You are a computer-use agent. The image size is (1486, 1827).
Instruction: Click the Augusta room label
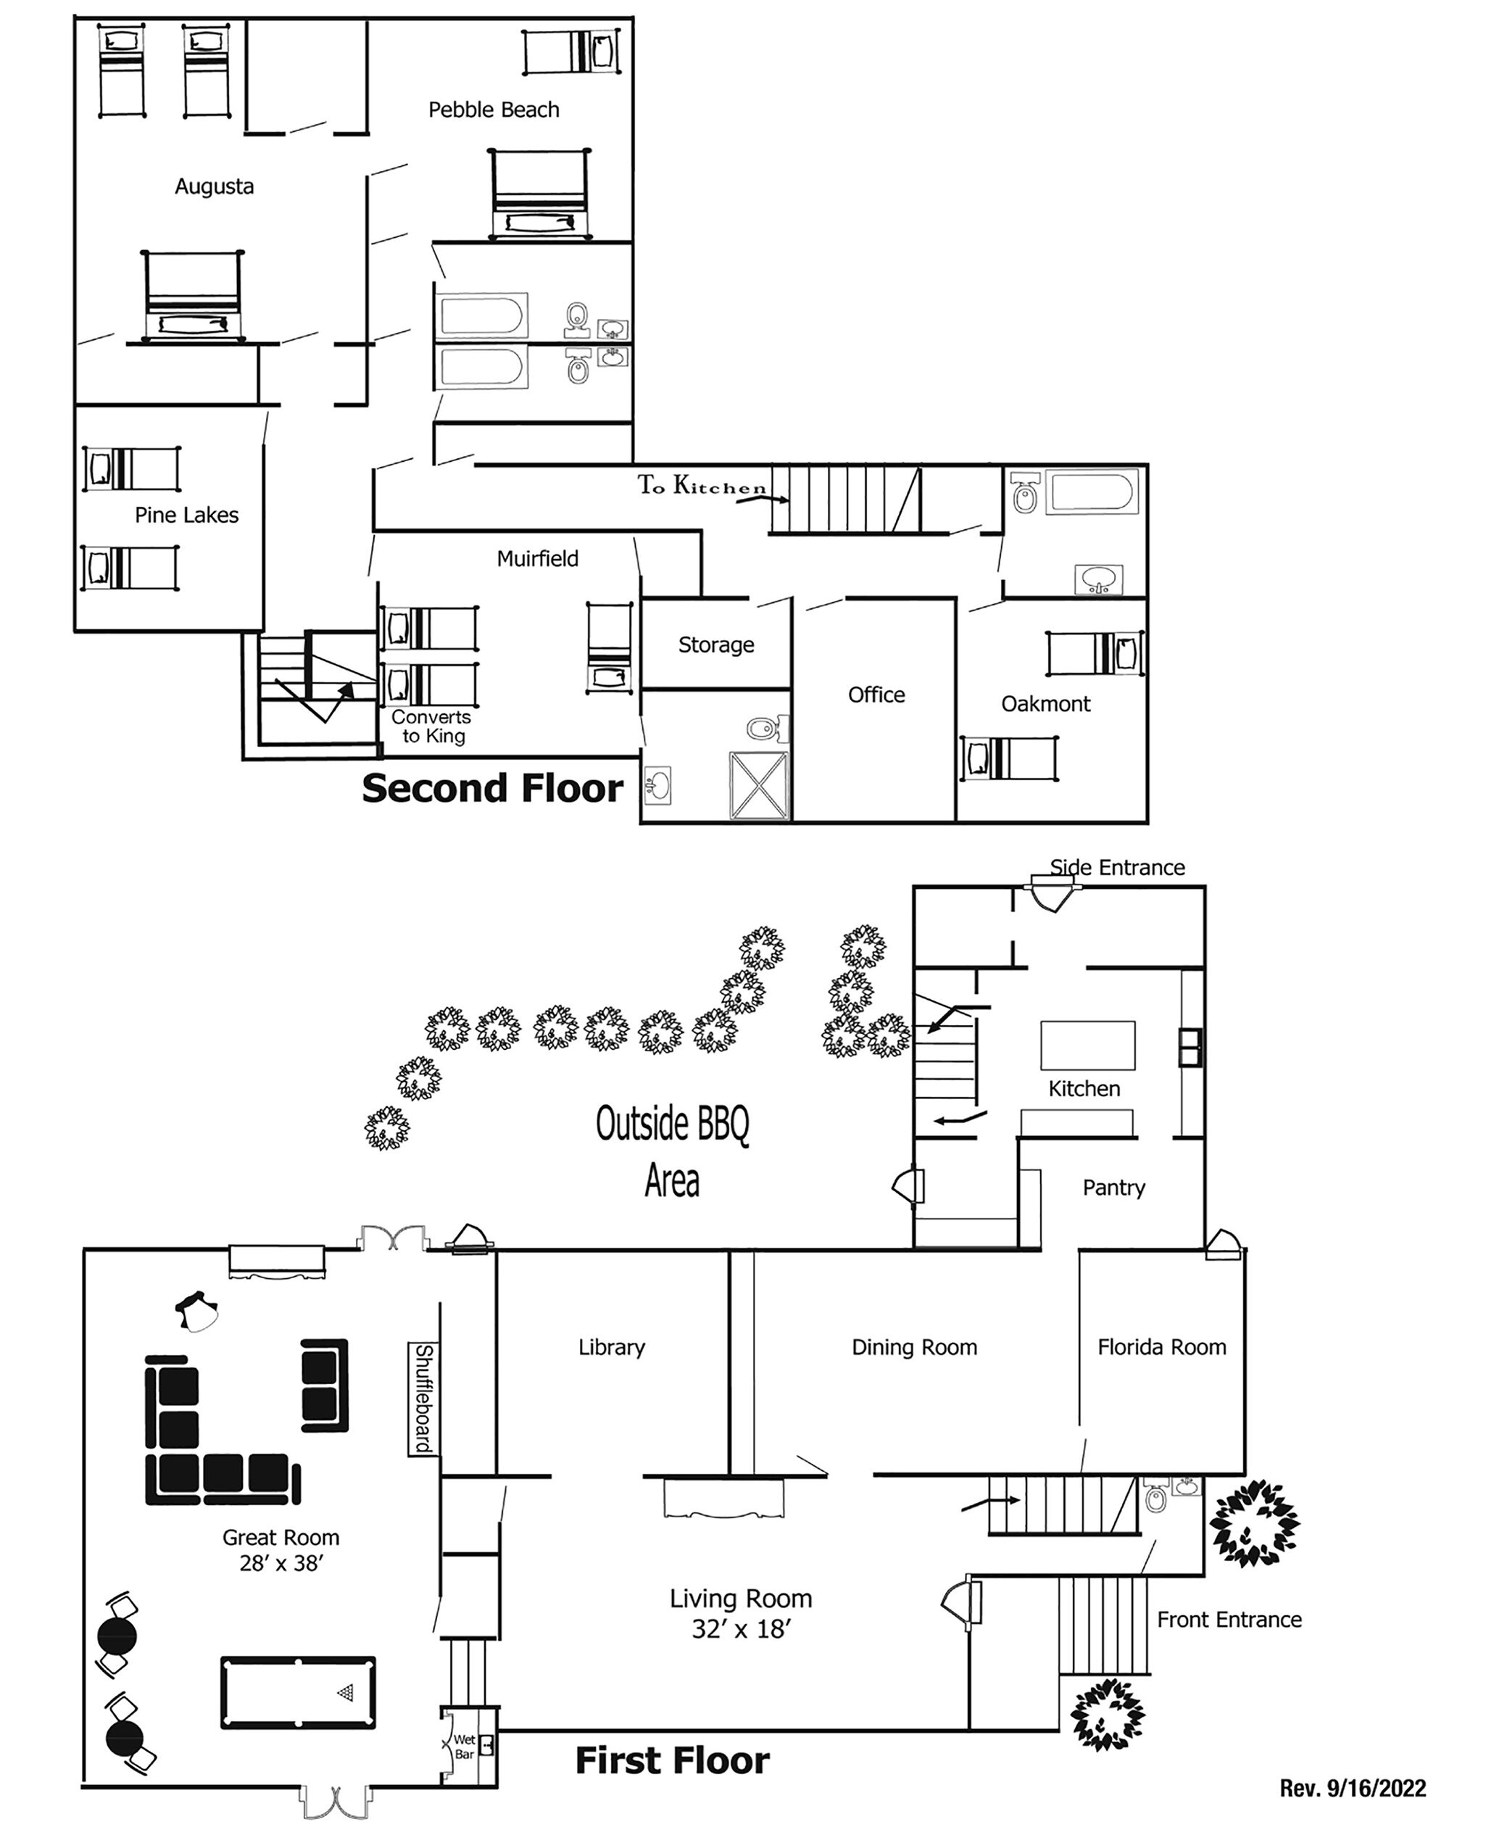pyautogui.click(x=214, y=186)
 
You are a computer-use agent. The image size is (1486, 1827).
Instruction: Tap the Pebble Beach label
pyautogui.click(x=494, y=109)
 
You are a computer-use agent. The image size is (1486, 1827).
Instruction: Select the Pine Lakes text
pyautogui.click(x=186, y=515)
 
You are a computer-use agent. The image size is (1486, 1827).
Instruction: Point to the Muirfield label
pyautogui.click(x=538, y=558)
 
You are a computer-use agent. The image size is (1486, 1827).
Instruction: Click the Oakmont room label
pyautogui.click(x=1046, y=704)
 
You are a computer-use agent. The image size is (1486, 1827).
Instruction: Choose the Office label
pyautogui.click(x=876, y=695)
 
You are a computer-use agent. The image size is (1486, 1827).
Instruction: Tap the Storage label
pyautogui.click(x=716, y=645)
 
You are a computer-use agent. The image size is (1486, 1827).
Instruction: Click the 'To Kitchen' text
pyautogui.click(x=702, y=486)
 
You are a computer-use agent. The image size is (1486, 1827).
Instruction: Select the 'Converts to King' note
pyautogui.click(x=432, y=726)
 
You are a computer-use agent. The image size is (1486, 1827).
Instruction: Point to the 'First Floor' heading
pyautogui.click(x=672, y=1761)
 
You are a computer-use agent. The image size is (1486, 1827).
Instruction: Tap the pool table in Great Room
pyautogui.click(x=298, y=1693)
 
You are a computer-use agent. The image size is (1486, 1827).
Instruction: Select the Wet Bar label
pyautogui.click(x=464, y=1747)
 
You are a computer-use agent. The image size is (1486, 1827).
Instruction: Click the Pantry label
pyautogui.click(x=1113, y=1188)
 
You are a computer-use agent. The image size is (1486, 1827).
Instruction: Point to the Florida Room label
pyautogui.click(x=1161, y=1347)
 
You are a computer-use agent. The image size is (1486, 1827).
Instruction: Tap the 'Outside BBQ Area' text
pyautogui.click(x=673, y=1151)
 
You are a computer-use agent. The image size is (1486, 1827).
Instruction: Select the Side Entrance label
pyautogui.click(x=1117, y=867)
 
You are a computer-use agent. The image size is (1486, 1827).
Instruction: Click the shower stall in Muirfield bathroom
pyautogui.click(x=758, y=785)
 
